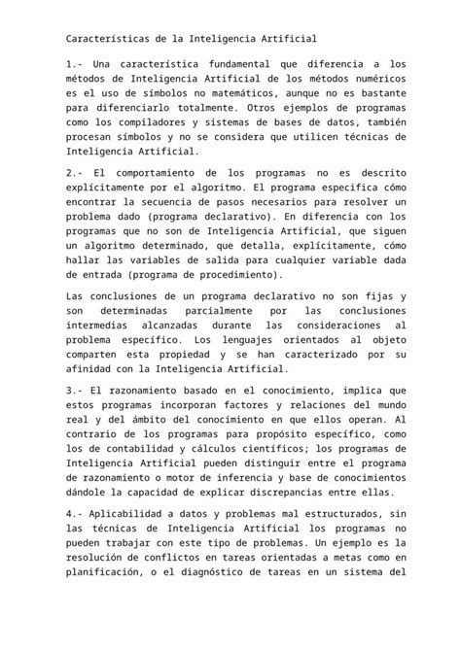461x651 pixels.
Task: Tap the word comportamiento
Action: [x=167, y=173]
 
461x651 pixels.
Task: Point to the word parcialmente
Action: [x=221, y=311]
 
